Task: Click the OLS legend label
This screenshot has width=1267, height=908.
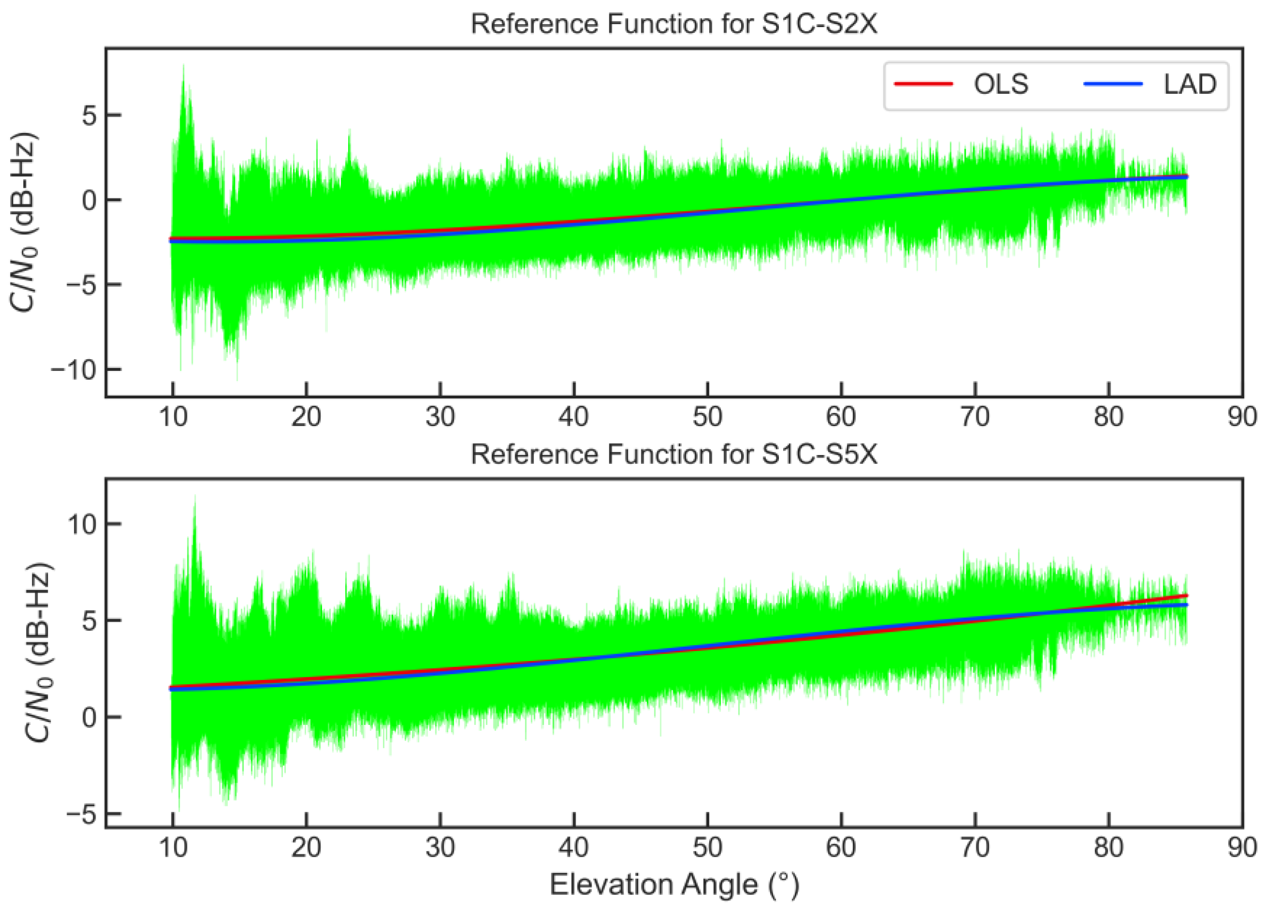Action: click(x=1000, y=85)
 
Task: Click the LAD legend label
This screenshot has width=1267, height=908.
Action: click(x=1190, y=85)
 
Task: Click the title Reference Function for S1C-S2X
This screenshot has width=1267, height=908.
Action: click(x=674, y=25)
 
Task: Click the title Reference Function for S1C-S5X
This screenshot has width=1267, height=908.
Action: click(x=674, y=454)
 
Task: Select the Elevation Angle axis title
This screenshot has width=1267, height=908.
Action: click(x=674, y=884)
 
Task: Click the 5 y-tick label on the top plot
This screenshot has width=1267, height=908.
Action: click(x=89, y=115)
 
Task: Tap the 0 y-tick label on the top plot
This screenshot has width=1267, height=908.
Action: click(x=89, y=200)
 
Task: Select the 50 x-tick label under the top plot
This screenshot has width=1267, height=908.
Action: click(x=707, y=417)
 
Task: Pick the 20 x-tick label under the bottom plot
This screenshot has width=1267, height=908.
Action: click(x=306, y=848)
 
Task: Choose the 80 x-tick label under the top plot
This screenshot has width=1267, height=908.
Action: click(x=1108, y=417)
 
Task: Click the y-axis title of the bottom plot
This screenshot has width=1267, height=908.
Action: click(x=39, y=652)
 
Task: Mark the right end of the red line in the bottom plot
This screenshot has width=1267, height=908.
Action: click(x=1186, y=596)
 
